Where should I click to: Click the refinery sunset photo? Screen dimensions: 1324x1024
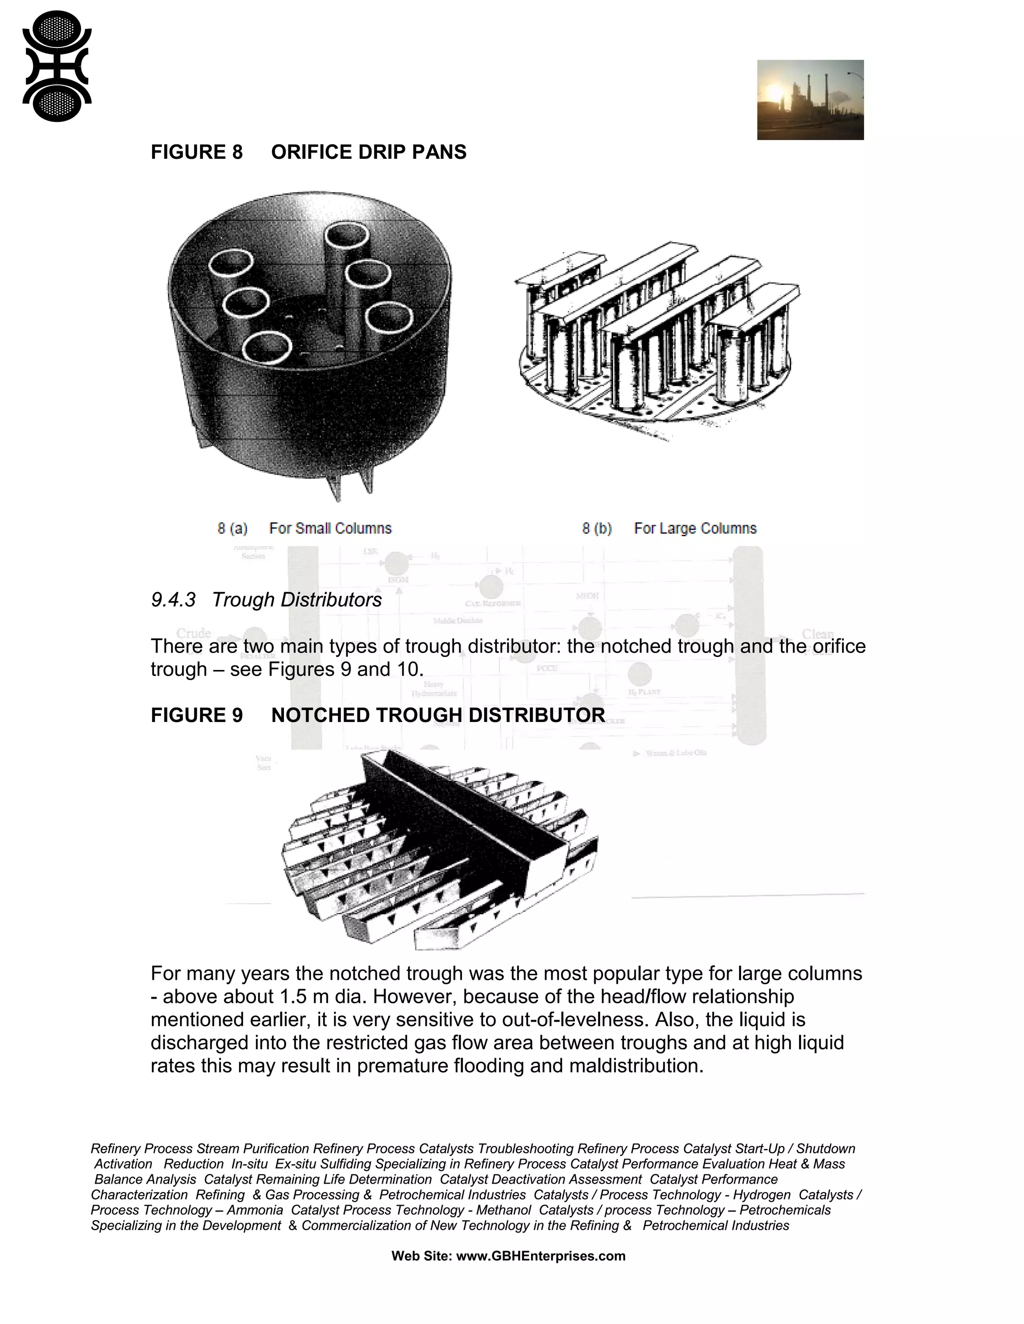pyautogui.click(x=810, y=100)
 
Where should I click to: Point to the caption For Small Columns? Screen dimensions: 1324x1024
pyautogui.click(x=330, y=528)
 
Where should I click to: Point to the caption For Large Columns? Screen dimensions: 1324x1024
pyautogui.click(x=695, y=528)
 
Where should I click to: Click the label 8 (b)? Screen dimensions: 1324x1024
pyautogui.click(x=596, y=528)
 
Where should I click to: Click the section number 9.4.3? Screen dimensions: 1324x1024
pyautogui.click(x=173, y=600)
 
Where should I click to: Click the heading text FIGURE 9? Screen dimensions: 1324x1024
pyautogui.click(x=196, y=715)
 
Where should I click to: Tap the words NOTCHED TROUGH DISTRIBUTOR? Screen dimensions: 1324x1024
pyautogui.click(x=437, y=715)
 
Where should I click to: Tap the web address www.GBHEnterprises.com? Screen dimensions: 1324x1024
pyautogui.click(x=540, y=1256)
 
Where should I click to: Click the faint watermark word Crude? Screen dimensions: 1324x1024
pyautogui.click(x=193, y=634)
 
